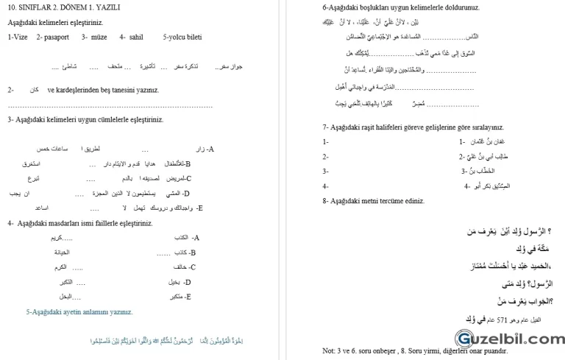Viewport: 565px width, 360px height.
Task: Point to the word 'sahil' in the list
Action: point(135,36)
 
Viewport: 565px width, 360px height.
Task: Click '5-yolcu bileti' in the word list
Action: point(182,36)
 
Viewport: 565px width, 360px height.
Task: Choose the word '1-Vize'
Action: point(18,36)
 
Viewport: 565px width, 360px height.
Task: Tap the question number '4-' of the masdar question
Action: point(11,223)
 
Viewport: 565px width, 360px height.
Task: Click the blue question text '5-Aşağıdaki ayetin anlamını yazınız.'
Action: point(79,311)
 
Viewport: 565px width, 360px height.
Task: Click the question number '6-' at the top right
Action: point(326,7)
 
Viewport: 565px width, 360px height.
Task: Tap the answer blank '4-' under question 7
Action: point(325,186)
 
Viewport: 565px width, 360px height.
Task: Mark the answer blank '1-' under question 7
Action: point(325,141)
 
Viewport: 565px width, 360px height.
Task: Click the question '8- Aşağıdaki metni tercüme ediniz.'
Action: point(374,200)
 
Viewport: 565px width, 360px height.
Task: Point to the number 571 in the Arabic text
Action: point(502,319)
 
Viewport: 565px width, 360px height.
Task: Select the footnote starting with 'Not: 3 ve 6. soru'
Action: point(414,351)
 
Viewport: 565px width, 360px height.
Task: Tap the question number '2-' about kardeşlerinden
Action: point(11,90)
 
